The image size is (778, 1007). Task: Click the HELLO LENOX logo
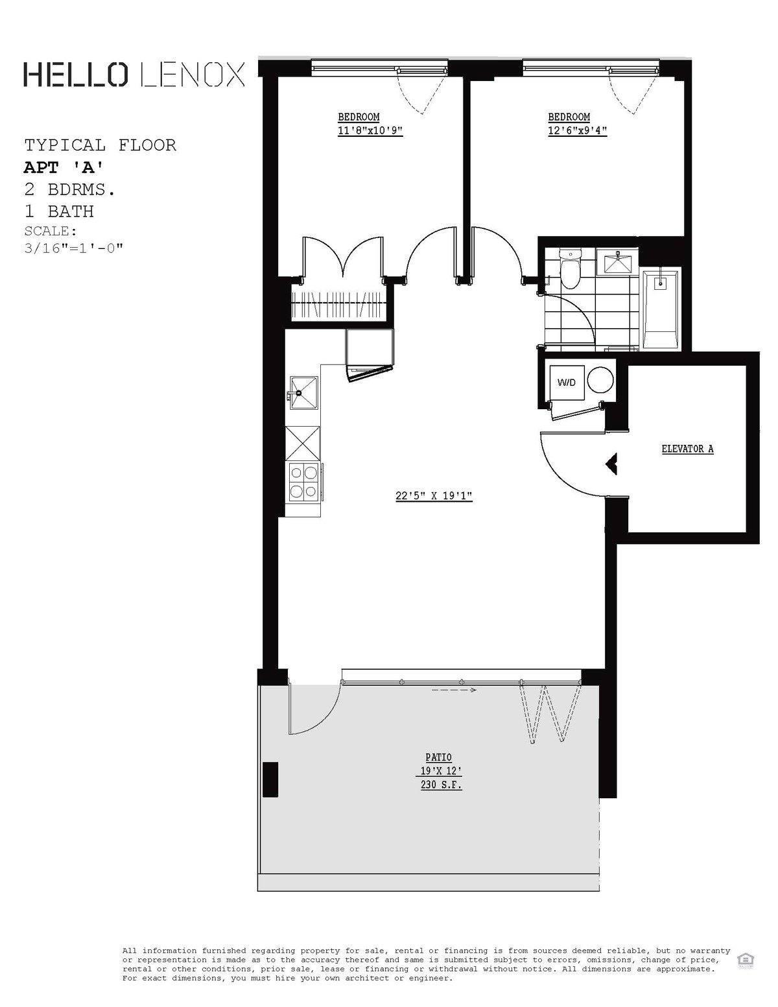(134, 75)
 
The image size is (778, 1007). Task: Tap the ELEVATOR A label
(687, 449)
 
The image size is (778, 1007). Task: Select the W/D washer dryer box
(566, 382)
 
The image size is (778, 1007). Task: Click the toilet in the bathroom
(571, 270)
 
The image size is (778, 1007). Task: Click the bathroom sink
(617, 263)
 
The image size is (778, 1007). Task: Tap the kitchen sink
(302, 392)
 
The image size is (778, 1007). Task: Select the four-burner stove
(303, 482)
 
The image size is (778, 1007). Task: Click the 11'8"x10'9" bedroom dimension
(370, 130)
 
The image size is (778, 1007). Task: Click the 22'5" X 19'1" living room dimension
(434, 497)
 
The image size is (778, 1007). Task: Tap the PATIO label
(438, 757)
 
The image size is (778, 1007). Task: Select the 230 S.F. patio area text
(441, 785)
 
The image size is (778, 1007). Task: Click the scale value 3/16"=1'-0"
(73, 248)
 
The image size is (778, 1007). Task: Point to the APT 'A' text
(64, 167)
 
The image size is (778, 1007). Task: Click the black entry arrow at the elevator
(611, 463)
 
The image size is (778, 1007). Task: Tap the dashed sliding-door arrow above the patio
(454, 690)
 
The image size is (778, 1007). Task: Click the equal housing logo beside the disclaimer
(744, 960)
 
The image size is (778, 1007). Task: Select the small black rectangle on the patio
(270, 779)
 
